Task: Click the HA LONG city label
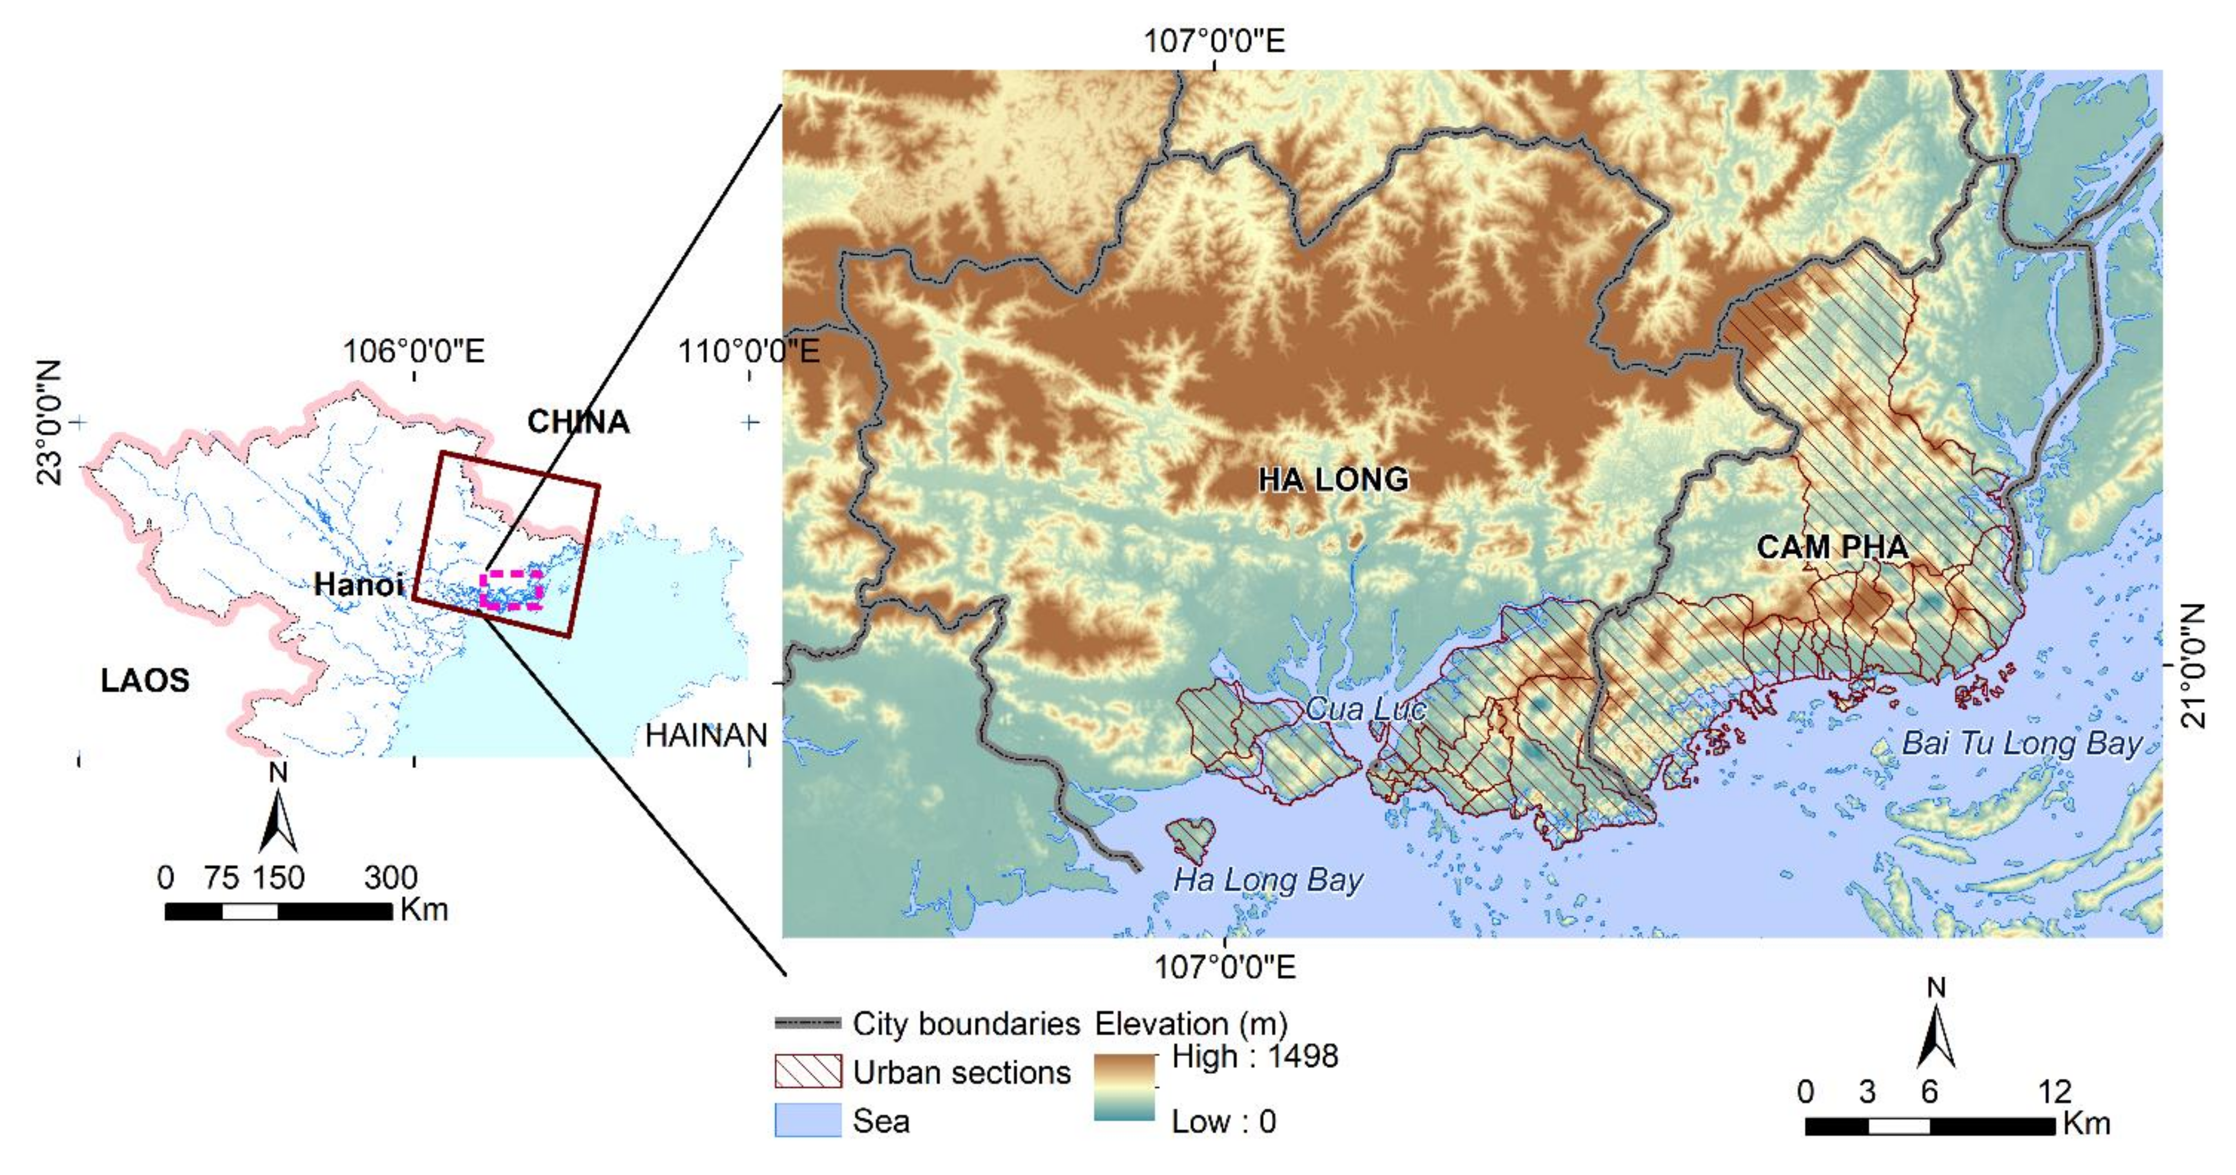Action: [1333, 480]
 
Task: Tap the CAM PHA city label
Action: [1833, 547]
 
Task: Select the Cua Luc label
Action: [1364, 709]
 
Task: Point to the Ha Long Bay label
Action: [1268, 880]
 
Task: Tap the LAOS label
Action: [145, 680]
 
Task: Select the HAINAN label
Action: [706, 736]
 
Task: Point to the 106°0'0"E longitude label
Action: [413, 352]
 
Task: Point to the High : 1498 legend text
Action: [1254, 1056]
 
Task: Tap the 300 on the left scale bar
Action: [391, 878]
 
